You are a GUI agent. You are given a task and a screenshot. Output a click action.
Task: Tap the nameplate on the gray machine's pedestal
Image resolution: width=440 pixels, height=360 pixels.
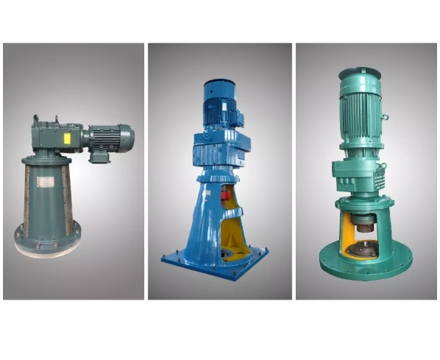click(46, 183)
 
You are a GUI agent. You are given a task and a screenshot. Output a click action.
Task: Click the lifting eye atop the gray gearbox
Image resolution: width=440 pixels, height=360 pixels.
click(35, 117)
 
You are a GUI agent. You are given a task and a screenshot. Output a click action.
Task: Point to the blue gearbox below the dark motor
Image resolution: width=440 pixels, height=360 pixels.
click(220, 148)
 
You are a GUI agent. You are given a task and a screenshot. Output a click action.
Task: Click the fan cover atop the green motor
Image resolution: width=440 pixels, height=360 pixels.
click(360, 73)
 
